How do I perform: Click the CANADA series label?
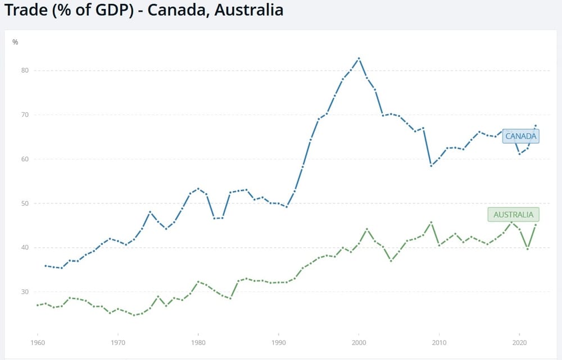522,136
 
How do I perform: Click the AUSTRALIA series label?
514,215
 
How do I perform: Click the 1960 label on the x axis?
37,341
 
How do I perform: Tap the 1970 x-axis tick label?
117,341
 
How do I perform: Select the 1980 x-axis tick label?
198,341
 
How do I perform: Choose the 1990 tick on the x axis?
278,341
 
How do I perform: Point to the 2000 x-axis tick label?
359,341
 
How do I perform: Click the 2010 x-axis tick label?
439,341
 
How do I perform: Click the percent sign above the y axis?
15,42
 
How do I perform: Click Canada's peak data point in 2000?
359,58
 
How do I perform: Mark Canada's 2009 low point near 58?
431,166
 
